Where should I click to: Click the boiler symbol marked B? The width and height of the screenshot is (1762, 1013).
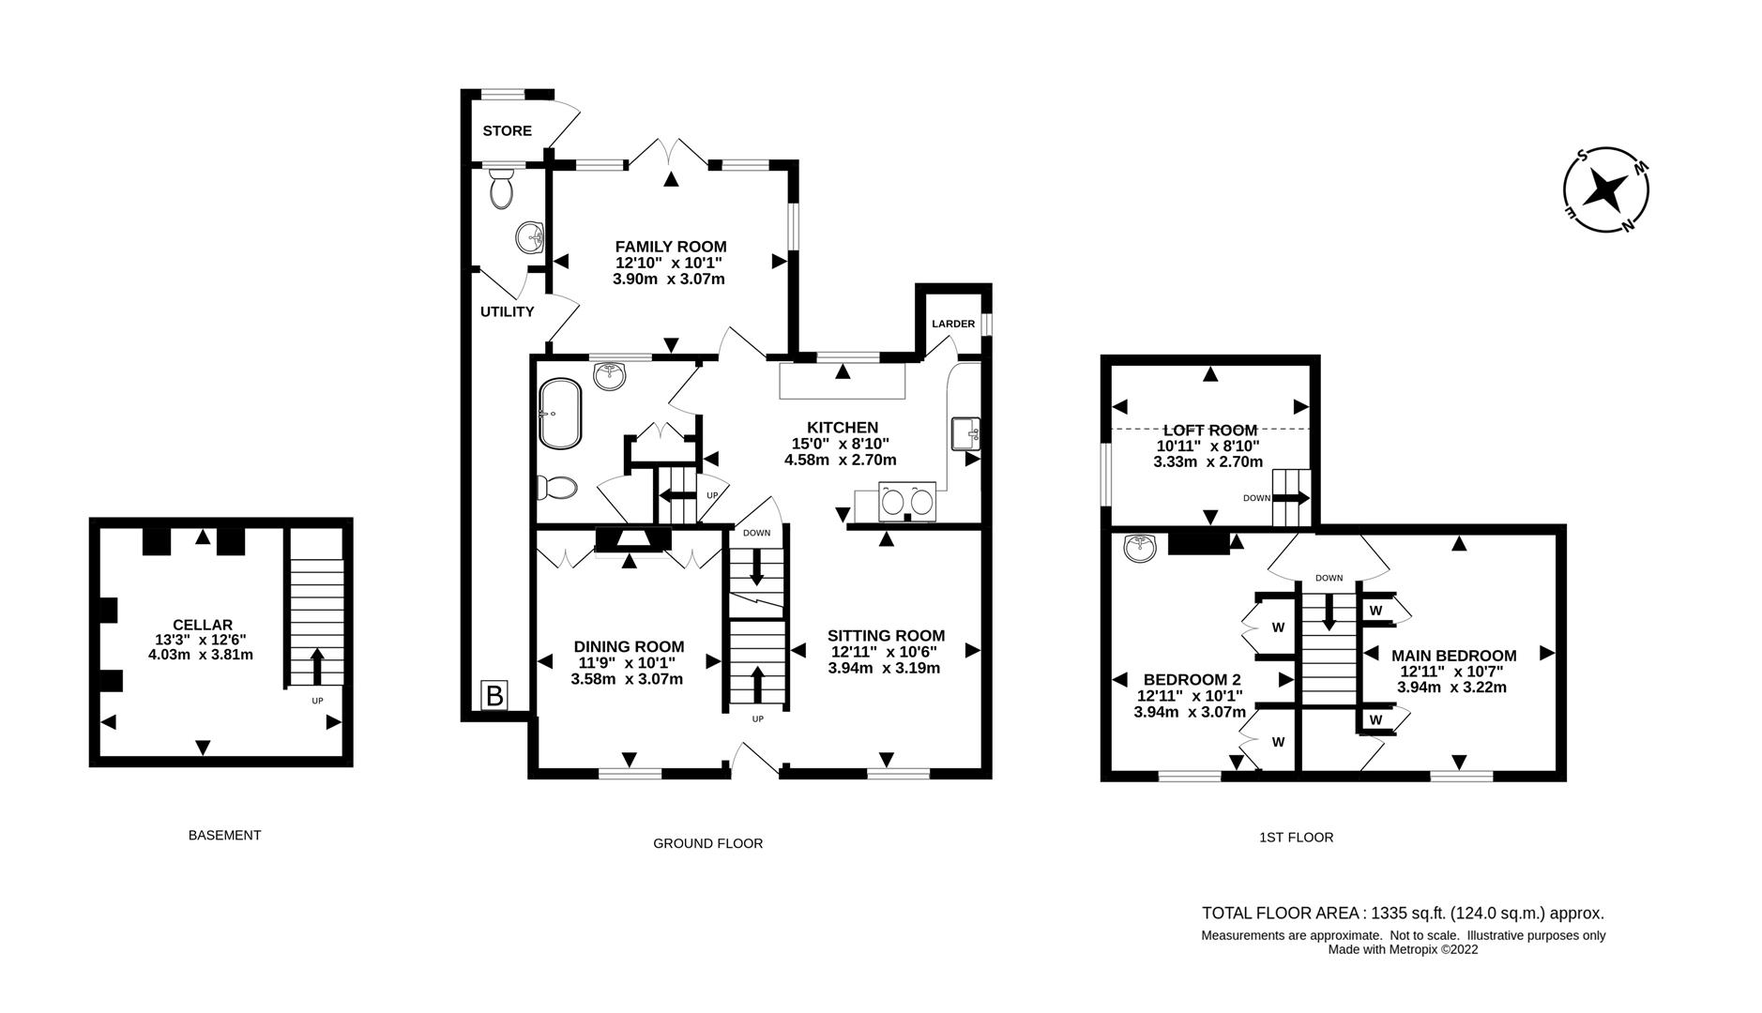click(494, 695)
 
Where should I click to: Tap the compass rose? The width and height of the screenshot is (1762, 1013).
click(1605, 189)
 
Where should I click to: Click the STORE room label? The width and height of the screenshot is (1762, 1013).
click(507, 131)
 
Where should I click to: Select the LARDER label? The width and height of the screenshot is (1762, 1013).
click(952, 324)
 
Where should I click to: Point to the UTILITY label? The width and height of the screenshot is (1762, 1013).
click(507, 311)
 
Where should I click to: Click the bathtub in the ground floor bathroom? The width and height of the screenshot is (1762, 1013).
click(560, 413)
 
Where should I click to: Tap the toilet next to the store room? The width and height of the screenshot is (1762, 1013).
click(502, 190)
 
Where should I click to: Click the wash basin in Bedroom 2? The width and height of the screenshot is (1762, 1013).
click(1141, 549)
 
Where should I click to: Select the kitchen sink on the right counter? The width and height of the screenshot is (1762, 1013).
click(965, 434)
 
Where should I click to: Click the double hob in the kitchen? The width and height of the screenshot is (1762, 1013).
click(907, 501)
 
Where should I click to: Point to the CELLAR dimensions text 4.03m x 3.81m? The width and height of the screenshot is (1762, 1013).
click(201, 655)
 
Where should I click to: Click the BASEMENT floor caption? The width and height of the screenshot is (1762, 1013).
click(224, 835)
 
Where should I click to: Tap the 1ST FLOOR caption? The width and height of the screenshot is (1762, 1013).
click(1296, 837)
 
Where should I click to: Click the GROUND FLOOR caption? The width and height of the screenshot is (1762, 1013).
click(707, 843)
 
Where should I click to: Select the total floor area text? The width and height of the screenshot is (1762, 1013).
click(1403, 913)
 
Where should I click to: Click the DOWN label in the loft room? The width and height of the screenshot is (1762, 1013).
click(1256, 498)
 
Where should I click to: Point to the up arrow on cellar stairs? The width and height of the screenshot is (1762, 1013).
click(315, 665)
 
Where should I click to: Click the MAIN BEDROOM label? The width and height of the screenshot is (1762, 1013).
click(1453, 656)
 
